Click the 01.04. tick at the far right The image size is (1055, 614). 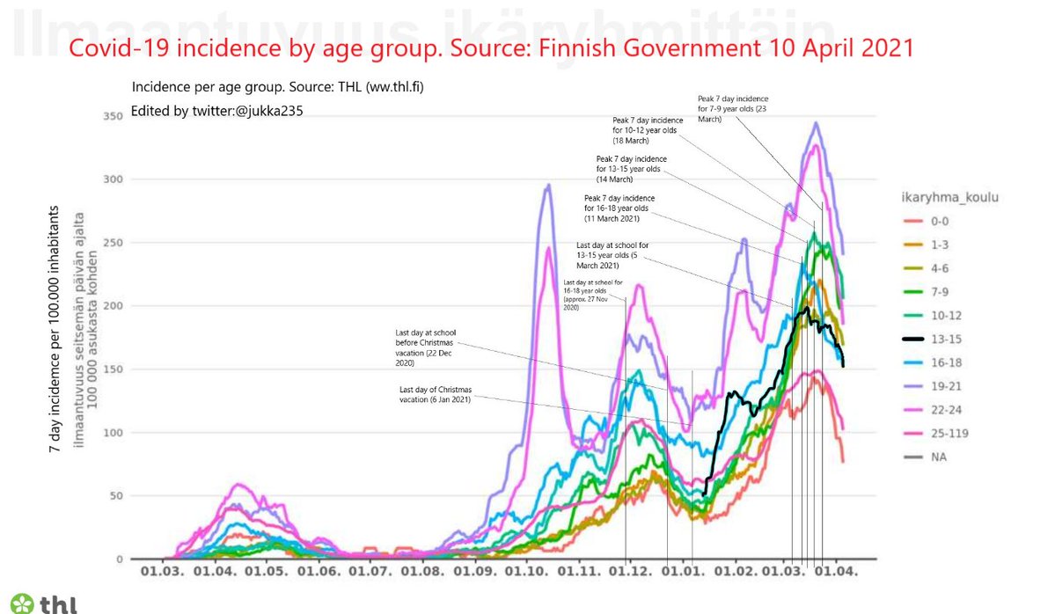[835, 571]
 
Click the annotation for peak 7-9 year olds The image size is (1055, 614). [733, 108]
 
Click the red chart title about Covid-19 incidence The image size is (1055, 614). [491, 48]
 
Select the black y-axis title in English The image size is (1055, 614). [55, 330]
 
